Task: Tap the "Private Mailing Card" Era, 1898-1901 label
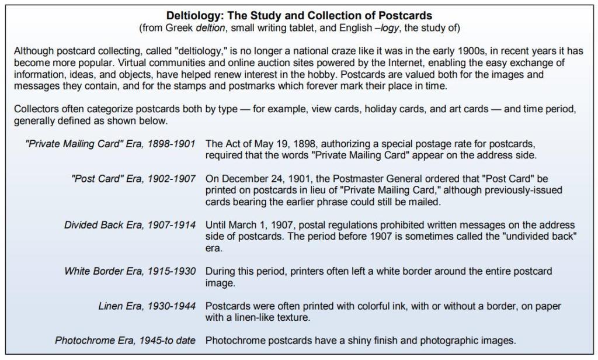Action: click(110, 144)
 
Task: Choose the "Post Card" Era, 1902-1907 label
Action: click(134, 179)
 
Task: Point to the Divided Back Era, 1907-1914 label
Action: click(130, 225)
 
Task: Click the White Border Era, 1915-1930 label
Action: click(130, 271)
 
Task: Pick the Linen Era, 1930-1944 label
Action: click(146, 306)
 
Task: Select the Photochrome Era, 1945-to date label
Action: click(126, 341)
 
